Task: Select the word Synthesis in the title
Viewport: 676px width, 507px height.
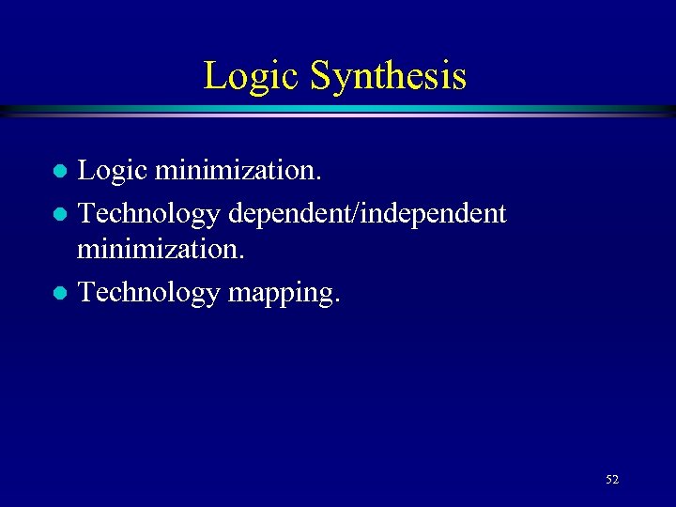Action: [x=388, y=76]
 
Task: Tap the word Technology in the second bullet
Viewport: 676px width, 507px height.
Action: [x=148, y=214]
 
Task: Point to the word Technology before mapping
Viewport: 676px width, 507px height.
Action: [x=148, y=293]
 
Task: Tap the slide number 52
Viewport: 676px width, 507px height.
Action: [x=612, y=480]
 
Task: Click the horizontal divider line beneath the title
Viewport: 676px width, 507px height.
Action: [x=338, y=111]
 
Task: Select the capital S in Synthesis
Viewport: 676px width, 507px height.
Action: [x=319, y=76]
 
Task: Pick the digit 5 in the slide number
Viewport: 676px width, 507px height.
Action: [x=609, y=480]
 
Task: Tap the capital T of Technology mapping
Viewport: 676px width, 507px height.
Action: [x=86, y=292]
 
